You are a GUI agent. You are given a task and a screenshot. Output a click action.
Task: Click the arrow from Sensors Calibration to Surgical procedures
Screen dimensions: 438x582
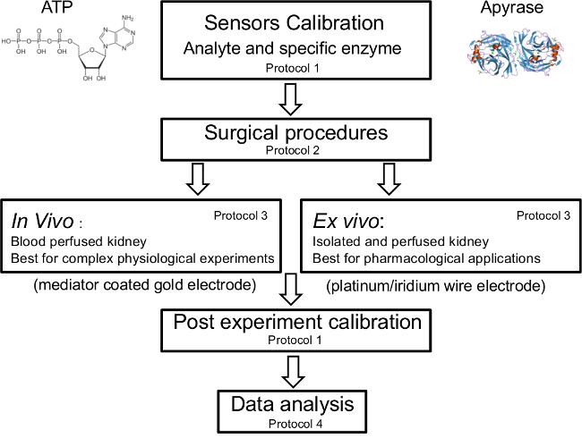click(x=290, y=99)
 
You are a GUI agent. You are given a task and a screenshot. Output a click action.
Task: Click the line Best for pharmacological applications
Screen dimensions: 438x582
click(x=426, y=257)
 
